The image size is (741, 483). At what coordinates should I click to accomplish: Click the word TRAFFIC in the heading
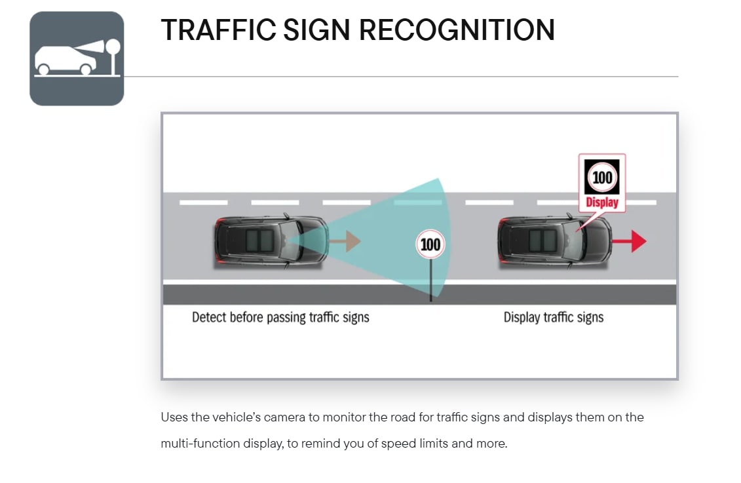tap(218, 30)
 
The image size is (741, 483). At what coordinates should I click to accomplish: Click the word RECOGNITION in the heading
tap(457, 30)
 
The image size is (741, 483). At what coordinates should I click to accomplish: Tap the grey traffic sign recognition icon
tap(77, 58)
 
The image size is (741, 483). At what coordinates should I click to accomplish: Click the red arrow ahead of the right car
tap(630, 241)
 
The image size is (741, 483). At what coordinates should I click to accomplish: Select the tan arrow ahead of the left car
tap(345, 241)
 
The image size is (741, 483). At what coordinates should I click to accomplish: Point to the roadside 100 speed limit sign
tap(430, 244)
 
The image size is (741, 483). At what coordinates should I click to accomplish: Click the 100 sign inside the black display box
tap(602, 178)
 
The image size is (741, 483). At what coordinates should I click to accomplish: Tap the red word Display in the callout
tap(602, 203)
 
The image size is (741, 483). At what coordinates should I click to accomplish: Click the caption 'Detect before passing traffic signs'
tap(280, 317)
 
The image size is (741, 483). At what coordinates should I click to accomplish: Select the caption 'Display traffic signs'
tap(554, 317)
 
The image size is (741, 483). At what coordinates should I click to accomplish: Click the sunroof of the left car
tap(259, 241)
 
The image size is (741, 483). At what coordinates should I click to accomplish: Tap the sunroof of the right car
tap(542, 241)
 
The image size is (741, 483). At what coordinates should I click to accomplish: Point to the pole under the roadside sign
tap(430, 280)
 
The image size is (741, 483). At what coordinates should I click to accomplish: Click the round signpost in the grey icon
tap(113, 57)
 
